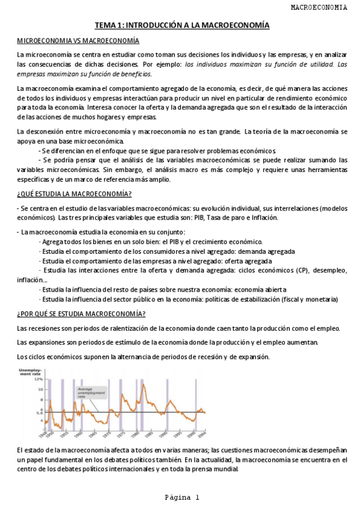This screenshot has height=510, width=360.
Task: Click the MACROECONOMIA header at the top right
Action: (319, 7)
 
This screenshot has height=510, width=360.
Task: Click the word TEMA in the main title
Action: (105, 25)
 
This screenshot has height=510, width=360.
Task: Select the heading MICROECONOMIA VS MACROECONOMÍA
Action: (78, 40)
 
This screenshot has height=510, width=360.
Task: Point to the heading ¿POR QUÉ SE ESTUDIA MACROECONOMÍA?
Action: (81, 313)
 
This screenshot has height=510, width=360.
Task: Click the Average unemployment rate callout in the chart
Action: (90, 393)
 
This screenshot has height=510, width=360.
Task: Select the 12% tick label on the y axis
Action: (38, 379)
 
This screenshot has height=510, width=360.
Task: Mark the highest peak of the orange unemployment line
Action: (142, 387)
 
